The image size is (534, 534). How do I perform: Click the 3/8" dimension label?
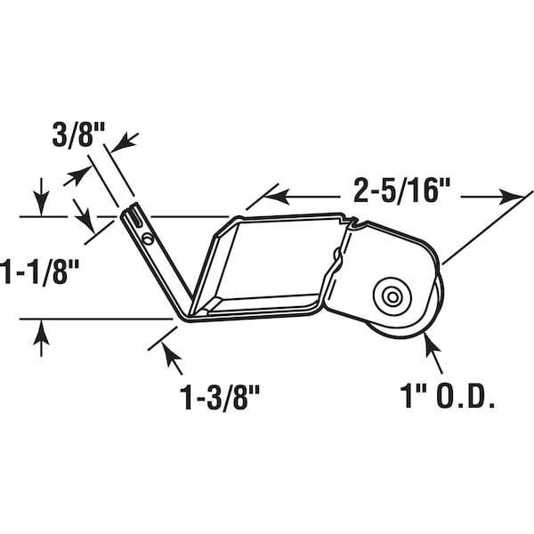coord(78,135)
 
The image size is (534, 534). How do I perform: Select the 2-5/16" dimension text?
coord(402,190)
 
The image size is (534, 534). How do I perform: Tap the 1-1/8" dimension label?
coord(38,271)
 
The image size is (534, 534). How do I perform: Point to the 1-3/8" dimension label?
coord(220,397)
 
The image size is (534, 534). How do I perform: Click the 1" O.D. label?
coord(447,396)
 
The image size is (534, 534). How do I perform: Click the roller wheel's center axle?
coord(392,297)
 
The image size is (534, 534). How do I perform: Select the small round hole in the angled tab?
coord(148,238)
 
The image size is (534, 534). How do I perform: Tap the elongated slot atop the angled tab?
coord(136,216)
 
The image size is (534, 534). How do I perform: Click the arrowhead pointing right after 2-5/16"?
coord(511,197)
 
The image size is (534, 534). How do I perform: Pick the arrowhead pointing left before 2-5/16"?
coord(277,197)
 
